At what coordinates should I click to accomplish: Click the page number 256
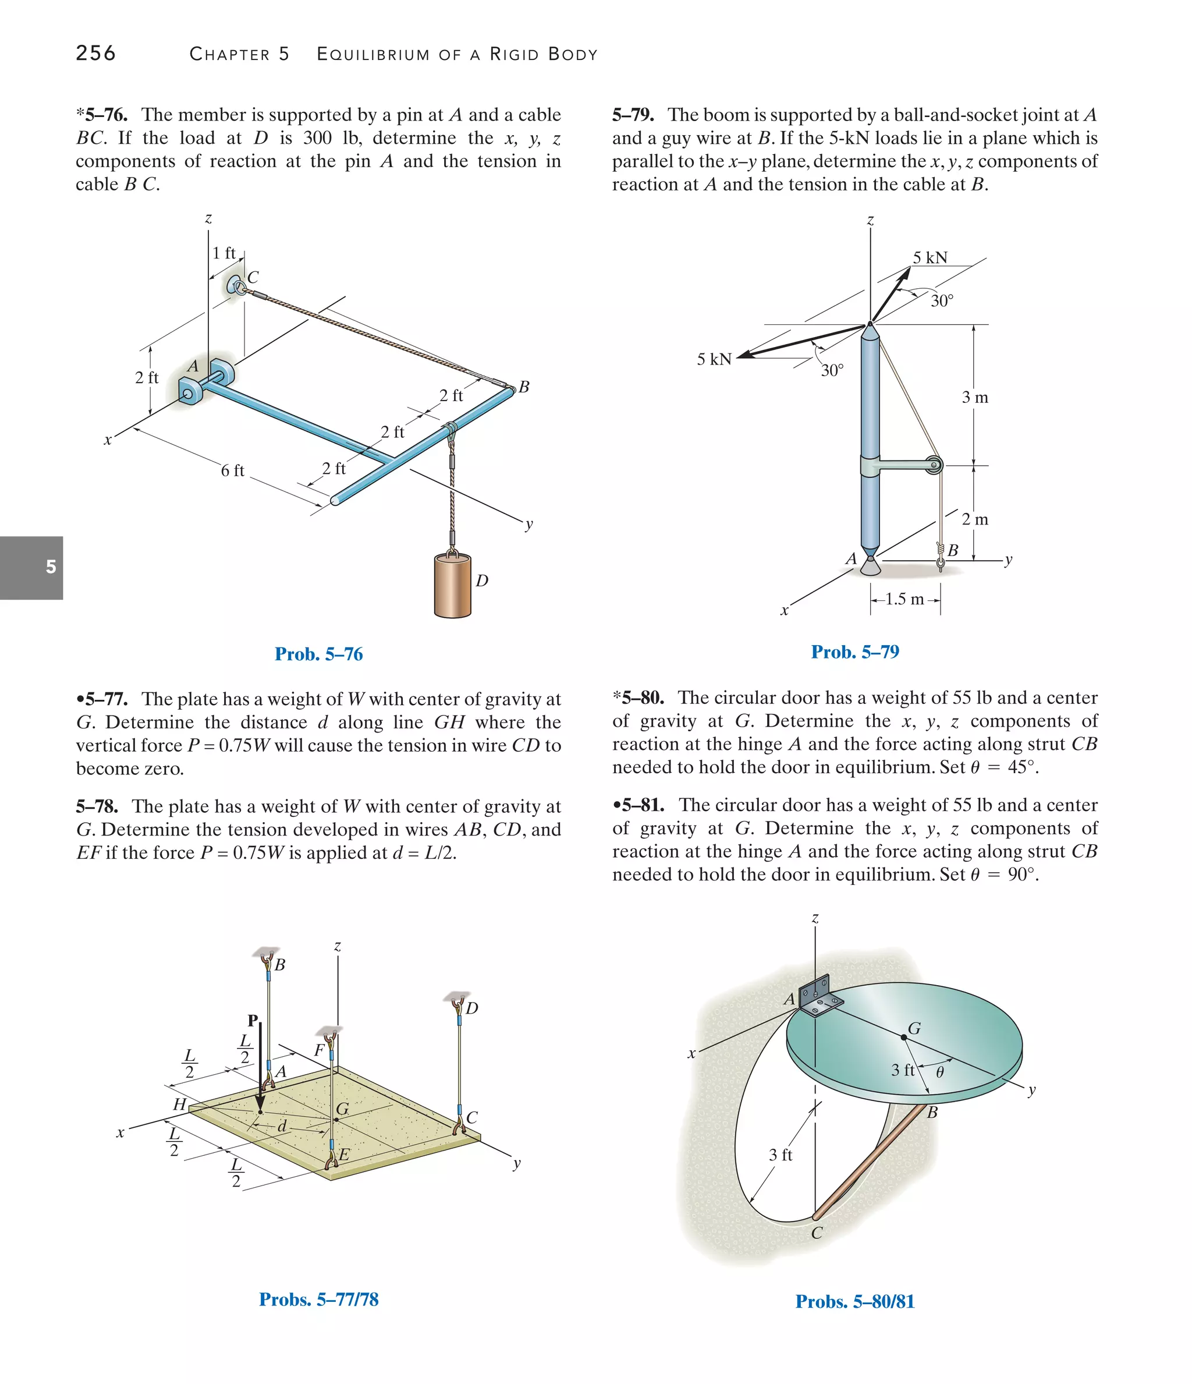pyautogui.click(x=95, y=53)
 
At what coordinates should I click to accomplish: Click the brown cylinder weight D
pyautogui.click(x=452, y=586)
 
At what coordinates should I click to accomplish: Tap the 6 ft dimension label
pyautogui.click(x=232, y=471)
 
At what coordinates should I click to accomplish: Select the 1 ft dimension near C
pyautogui.click(x=223, y=253)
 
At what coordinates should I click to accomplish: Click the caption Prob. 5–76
pyautogui.click(x=318, y=654)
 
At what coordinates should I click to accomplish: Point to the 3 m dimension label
pyautogui.click(x=974, y=398)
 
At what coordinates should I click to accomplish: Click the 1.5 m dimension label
pyautogui.click(x=905, y=599)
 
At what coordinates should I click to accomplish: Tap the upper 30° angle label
pyautogui.click(x=942, y=300)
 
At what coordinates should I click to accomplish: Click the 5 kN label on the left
pyautogui.click(x=714, y=359)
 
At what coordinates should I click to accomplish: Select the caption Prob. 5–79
pyautogui.click(x=855, y=652)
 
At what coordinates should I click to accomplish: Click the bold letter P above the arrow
pyautogui.click(x=253, y=1020)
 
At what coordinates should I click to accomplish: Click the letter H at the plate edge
pyautogui.click(x=179, y=1104)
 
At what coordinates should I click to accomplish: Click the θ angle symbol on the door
pyautogui.click(x=939, y=1072)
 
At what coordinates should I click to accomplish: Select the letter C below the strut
pyautogui.click(x=816, y=1233)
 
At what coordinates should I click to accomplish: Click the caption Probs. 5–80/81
pyautogui.click(x=855, y=1301)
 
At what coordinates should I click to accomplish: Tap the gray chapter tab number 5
pyautogui.click(x=51, y=567)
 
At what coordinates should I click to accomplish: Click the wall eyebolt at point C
pyautogui.click(x=237, y=286)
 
